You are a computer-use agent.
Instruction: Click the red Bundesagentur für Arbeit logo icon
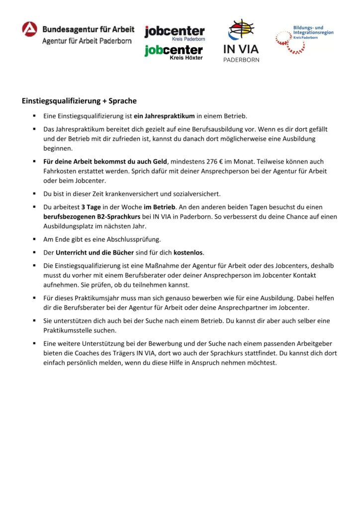tap(29, 29)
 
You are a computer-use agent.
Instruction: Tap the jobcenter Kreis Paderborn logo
tap(175, 33)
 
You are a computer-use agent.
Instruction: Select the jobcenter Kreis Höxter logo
tap(174, 52)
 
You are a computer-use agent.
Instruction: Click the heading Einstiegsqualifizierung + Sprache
tap(79, 100)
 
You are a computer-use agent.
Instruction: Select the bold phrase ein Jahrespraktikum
tap(164, 116)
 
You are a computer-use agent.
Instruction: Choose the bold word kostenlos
tap(188, 252)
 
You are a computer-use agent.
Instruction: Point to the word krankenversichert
tap(110, 193)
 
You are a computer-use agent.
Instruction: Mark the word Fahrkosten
tap(59, 170)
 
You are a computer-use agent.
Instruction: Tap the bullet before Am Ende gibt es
tap(35, 239)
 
